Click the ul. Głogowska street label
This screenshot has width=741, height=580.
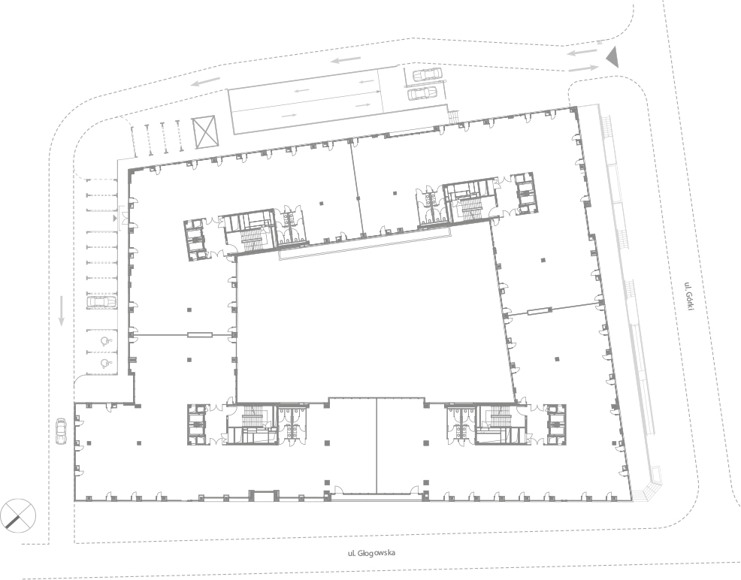[x=371, y=553]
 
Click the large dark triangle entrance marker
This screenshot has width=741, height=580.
[x=612, y=57]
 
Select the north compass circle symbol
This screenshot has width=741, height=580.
[x=18, y=516]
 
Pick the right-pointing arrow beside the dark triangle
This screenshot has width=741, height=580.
[x=583, y=69]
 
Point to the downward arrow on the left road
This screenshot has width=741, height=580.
[x=61, y=311]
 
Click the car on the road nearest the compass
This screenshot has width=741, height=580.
[x=61, y=431]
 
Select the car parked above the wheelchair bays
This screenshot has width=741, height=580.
[x=101, y=302]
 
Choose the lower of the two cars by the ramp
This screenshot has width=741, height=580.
[x=422, y=93]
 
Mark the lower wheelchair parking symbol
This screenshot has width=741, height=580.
[x=105, y=363]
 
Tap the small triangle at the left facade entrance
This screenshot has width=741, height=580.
[x=115, y=218]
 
